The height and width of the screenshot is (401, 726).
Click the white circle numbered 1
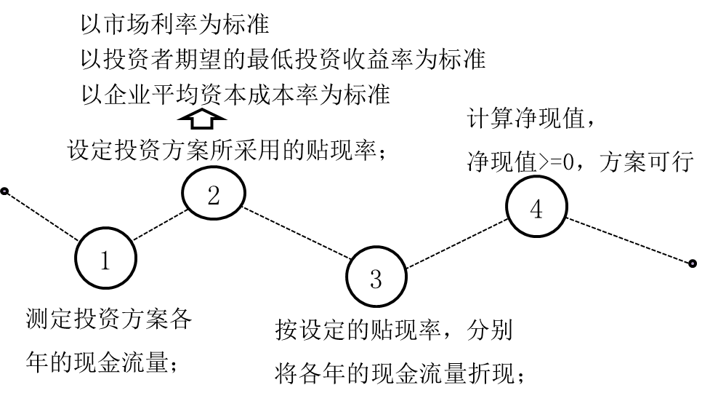pyautogui.click(x=106, y=258)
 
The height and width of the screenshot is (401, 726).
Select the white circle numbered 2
pyautogui.click(x=214, y=193)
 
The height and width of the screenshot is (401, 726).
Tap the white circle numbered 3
pyautogui.click(x=376, y=277)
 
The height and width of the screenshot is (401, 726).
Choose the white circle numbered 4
pyautogui.click(x=536, y=207)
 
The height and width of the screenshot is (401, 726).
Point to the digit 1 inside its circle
pyautogui.click(x=105, y=260)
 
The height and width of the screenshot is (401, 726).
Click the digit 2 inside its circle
pyautogui.click(x=214, y=195)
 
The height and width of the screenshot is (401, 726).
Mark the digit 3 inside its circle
pyautogui.click(x=376, y=279)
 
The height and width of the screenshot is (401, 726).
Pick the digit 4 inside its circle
pyautogui.click(x=536, y=210)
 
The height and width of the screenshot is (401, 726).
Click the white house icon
pyautogui.click(x=202, y=119)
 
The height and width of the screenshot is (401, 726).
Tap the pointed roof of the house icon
pyautogui.click(x=202, y=114)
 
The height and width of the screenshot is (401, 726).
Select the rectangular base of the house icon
pyautogui.click(x=202, y=122)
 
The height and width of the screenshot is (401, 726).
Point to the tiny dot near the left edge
pyautogui.click(x=4, y=191)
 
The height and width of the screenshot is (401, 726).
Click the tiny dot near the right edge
pyautogui.click(x=693, y=263)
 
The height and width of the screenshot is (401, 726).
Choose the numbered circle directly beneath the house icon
pyautogui.click(x=214, y=193)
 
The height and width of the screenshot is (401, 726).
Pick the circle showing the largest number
pyautogui.click(x=536, y=207)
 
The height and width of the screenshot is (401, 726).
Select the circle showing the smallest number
pyautogui.click(x=106, y=258)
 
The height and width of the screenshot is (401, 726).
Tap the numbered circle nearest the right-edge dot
pyautogui.click(x=536, y=207)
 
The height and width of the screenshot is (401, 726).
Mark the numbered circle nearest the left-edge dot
pyautogui.click(x=106, y=258)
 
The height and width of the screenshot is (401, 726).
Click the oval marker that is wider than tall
pyautogui.click(x=214, y=193)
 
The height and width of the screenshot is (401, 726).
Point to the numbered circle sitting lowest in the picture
pyautogui.click(x=376, y=277)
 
